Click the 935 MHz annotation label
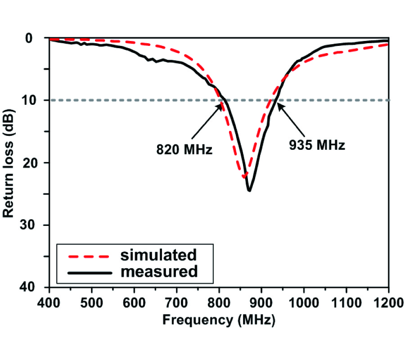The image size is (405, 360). coord(316,145)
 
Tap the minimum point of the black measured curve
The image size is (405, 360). coord(249,191)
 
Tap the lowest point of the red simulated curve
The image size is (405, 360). coord(244,177)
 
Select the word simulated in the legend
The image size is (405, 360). coord(158,255)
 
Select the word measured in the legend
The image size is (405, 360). coord(159,271)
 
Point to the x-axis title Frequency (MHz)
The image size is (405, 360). coord(219,320)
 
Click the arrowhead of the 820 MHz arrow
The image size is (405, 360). coord(220,105)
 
